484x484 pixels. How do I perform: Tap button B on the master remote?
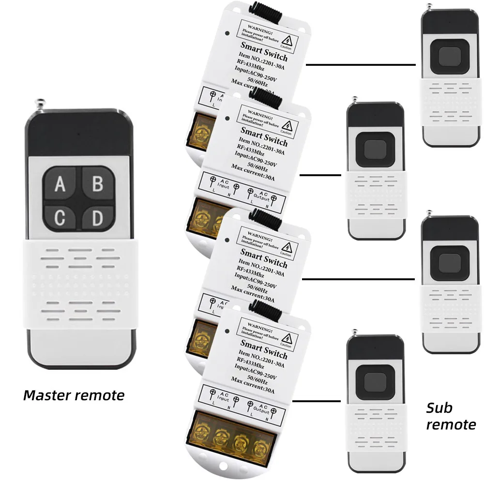[97, 184]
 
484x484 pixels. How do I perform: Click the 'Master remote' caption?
[74, 395]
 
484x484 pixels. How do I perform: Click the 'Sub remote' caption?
[450, 416]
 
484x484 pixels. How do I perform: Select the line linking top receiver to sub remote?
[361, 64]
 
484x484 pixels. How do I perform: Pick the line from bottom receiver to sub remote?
[317, 401]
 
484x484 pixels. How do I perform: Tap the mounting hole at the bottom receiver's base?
[224, 469]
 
